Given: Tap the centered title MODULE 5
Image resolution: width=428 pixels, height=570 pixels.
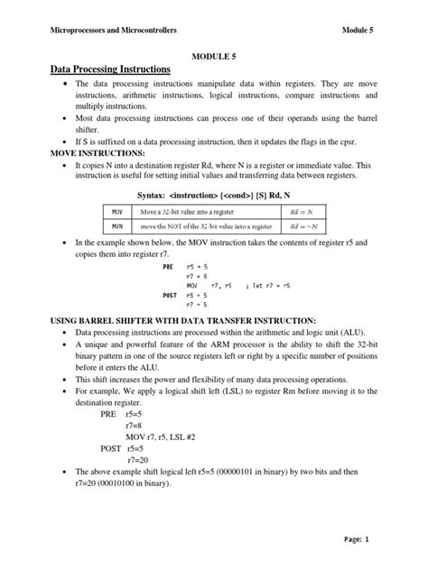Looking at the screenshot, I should tap(212, 56).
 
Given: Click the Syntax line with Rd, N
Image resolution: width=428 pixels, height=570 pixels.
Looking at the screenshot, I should tap(212, 193).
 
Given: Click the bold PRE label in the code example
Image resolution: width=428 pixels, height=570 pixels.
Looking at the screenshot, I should tap(168, 268).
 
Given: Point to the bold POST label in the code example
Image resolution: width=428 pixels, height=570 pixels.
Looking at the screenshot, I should tap(170, 295).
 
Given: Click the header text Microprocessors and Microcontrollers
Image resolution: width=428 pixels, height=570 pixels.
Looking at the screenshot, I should tap(114, 30).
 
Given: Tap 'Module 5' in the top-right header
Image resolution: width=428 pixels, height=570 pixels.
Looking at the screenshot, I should tap(358, 30).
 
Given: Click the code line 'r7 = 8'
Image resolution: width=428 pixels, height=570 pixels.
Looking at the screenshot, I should tap(196, 277).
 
